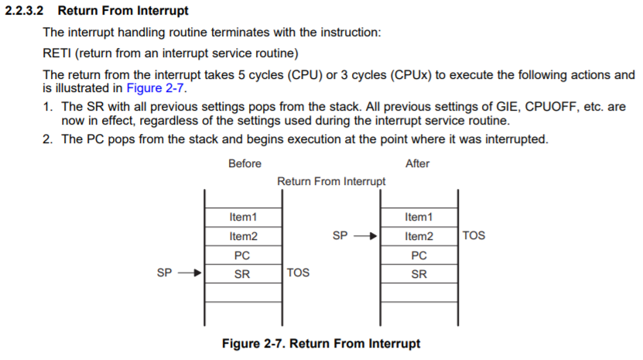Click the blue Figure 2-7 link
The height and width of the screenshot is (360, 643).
coord(156,87)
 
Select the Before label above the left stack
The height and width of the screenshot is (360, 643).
coord(245,164)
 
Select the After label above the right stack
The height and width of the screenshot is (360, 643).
coord(417,164)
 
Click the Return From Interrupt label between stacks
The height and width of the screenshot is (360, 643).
coord(331,181)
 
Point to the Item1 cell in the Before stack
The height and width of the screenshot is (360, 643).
coord(243,217)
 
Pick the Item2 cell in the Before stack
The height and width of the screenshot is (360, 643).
coord(243,236)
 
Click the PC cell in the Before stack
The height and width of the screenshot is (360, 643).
coord(242,255)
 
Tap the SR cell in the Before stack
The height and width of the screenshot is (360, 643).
coord(242,273)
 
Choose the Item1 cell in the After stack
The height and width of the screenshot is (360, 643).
coord(419,217)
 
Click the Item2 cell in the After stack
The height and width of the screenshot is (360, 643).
coord(419,236)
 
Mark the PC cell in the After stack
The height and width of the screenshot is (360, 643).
coord(419,255)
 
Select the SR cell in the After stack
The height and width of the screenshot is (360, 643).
coord(419,273)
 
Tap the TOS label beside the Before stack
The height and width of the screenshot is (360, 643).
coord(298,273)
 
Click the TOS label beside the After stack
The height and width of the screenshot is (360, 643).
coord(474,235)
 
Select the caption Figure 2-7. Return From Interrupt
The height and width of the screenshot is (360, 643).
coord(321,343)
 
